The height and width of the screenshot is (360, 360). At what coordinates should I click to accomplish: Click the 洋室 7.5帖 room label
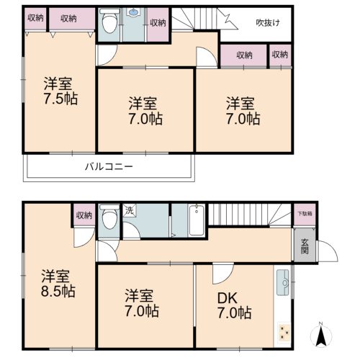tap(60, 91)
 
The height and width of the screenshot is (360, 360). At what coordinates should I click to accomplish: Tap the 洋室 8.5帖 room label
tap(58, 284)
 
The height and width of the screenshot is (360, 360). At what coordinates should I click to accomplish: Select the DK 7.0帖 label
tap(234, 305)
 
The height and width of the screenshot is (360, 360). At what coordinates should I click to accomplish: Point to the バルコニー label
tap(109, 166)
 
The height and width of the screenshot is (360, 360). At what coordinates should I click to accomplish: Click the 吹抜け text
tap(268, 23)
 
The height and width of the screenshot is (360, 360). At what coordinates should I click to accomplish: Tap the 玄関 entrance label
tap(305, 246)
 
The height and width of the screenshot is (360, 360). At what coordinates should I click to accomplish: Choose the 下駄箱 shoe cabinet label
tap(305, 213)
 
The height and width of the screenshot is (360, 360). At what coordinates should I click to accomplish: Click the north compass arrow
tap(321, 334)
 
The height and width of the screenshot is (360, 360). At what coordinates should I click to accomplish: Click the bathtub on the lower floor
tap(197, 220)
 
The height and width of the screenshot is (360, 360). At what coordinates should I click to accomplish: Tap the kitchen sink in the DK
tap(283, 282)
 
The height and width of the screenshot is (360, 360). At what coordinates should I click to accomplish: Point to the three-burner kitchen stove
tap(284, 332)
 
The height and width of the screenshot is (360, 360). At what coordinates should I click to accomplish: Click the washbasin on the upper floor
tap(133, 12)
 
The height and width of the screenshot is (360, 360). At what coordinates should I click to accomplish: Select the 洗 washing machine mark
tap(129, 210)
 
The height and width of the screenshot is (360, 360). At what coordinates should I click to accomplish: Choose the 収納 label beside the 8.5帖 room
tap(84, 215)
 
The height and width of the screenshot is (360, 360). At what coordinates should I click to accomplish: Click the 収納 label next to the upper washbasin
tap(158, 23)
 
